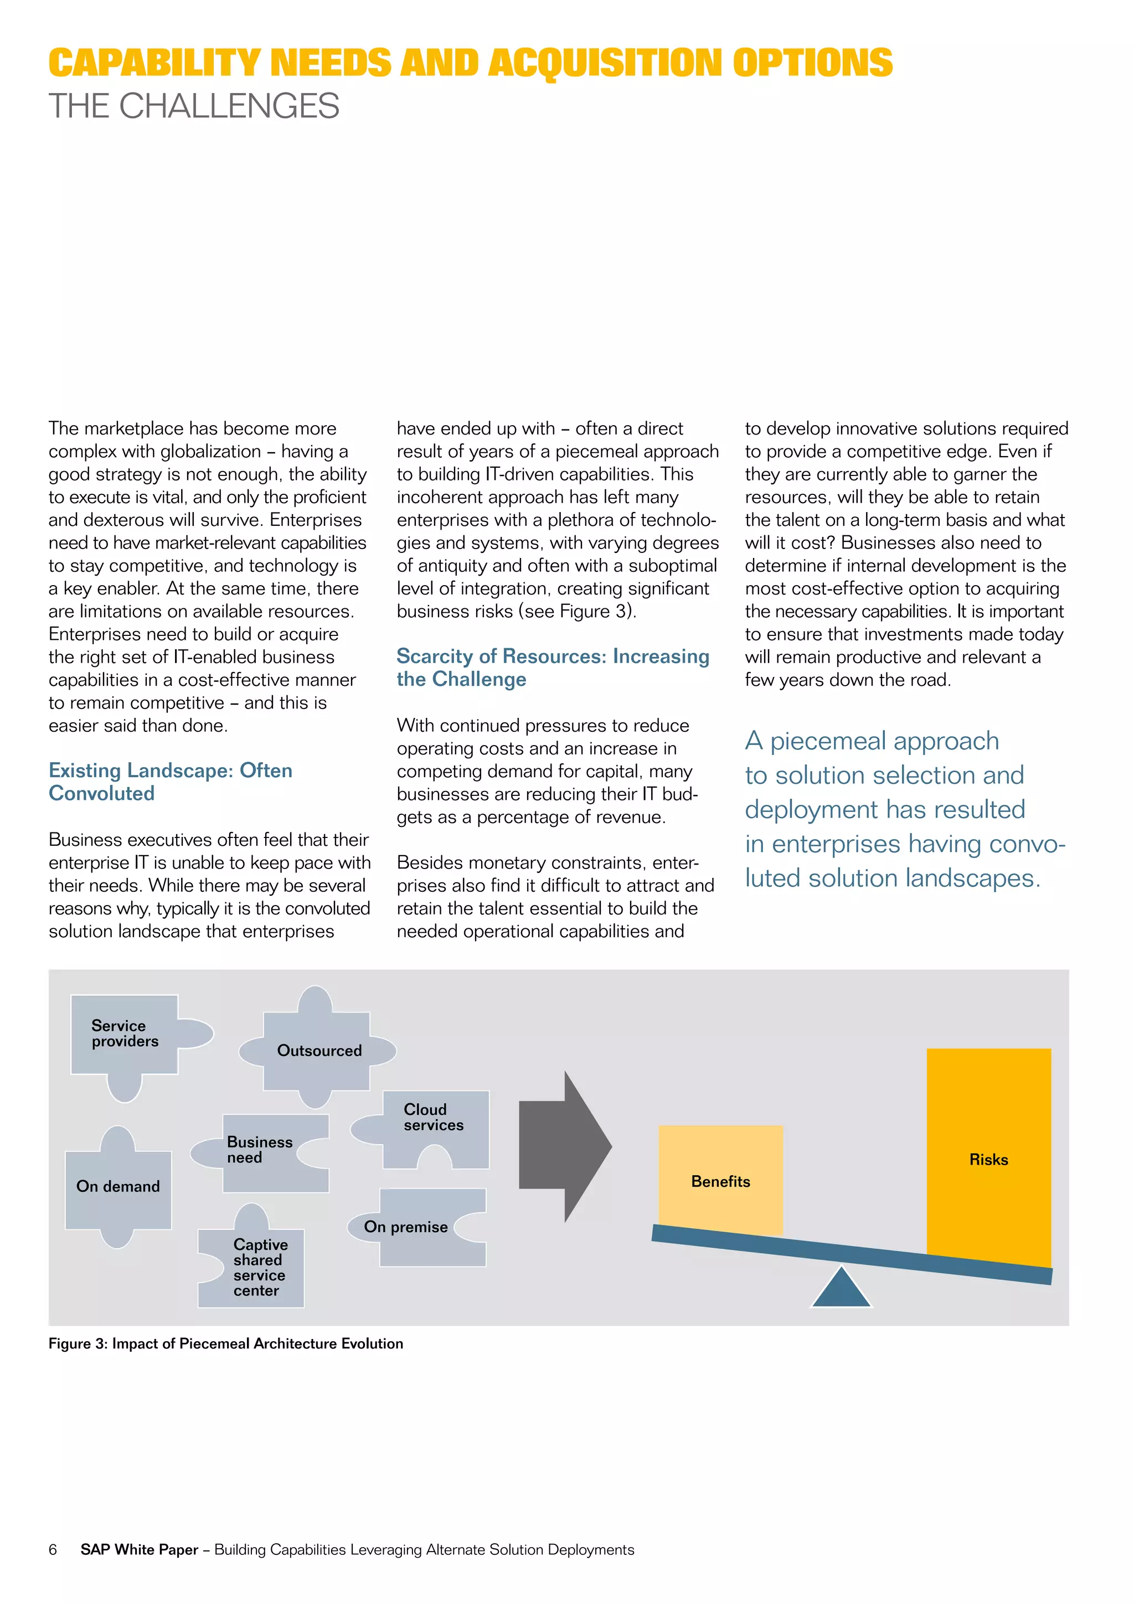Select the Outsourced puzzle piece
pyautogui.click(x=317, y=1051)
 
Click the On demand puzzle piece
pyautogui.click(x=118, y=1187)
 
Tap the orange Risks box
pyautogui.click(x=988, y=1159)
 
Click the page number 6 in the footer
pyautogui.click(x=53, y=1549)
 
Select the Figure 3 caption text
pyautogui.click(x=225, y=1343)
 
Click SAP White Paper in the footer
pyautogui.click(x=139, y=1549)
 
